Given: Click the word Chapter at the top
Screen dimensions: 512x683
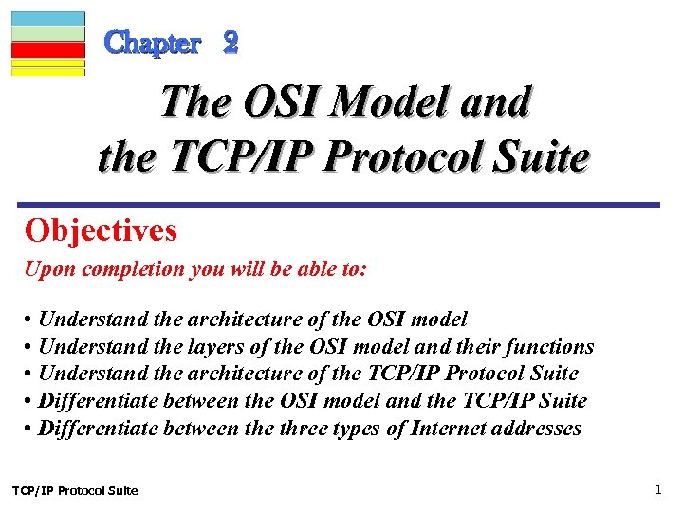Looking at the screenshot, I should pyautogui.click(x=153, y=43).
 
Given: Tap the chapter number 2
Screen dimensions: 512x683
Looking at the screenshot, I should pyautogui.click(x=231, y=43).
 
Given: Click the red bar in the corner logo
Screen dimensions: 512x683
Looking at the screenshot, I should pyautogui.click(x=47, y=49).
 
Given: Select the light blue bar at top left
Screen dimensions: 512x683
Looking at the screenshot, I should pyautogui.click(x=47, y=18).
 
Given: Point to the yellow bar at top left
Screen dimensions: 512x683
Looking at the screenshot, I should pyautogui.click(x=47, y=66).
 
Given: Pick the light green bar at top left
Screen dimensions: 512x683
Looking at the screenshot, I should pyautogui.click(x=47, y=33).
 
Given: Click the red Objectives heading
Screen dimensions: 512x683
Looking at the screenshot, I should pyautogui.click(x=102, y=229).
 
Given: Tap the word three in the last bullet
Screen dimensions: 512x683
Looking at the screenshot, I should pyautogui.click(x=305, y=429).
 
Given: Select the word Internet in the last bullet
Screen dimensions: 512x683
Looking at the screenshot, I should pyautogui.click(x=448, y=429).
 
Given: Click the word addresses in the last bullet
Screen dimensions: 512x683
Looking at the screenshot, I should pyautogui.click(x=535, y=429).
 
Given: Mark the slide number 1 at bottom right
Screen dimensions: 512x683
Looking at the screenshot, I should pyautogui.click(x=657, y=489).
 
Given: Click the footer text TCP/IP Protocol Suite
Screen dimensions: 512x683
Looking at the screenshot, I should pyautogui.click(x=75, y=490).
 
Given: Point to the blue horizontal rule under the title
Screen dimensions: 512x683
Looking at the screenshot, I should pyautogui.click(x=341, y=204).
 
